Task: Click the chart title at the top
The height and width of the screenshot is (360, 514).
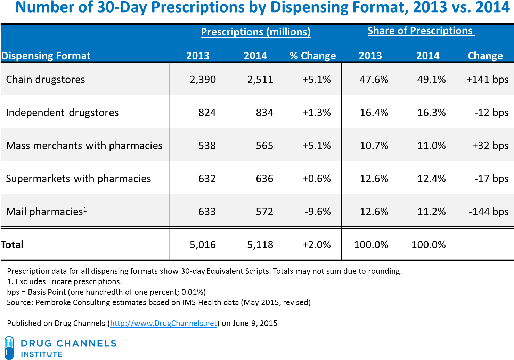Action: click(x=262, y=8)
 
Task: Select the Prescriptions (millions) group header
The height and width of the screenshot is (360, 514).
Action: click(x=255, y=32)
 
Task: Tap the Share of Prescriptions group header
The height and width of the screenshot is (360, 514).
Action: click(x=420, y=31)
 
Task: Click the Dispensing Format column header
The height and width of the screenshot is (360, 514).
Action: click(x=46, y=56)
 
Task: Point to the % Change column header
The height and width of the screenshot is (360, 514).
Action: click(x=313, y=56)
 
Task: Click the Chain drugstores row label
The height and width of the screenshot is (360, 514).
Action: click(x=46, y=80)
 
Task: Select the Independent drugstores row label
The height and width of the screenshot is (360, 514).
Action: click(x=62, y=113)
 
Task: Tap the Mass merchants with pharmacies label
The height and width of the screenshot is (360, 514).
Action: click(x=84, y=146)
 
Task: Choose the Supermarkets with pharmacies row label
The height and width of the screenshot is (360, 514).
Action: click(x=79, y=179)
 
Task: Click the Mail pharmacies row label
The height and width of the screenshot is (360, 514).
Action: click(x=46, y=212)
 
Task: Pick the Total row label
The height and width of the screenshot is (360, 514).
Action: click(x=12, y=245)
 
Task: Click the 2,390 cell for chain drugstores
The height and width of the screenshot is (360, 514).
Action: click(x=203, y=80)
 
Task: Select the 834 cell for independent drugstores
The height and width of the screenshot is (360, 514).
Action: click(x=264, y=113)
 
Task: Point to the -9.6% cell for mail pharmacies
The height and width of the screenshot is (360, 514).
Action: click(x=318, y=212)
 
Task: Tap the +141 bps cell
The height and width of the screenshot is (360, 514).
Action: click(x=487, y=80)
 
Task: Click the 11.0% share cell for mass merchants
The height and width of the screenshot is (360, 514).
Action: click(x=431, y=146)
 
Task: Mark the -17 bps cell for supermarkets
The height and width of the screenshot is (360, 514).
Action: click(x=491, y=179)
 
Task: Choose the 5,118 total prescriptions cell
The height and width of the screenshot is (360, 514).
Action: click(x=260, y=245)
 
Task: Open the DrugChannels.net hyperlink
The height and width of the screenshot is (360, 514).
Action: click(x=163, y=323)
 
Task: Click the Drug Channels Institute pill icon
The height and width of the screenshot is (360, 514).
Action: click(x=9, y=347)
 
